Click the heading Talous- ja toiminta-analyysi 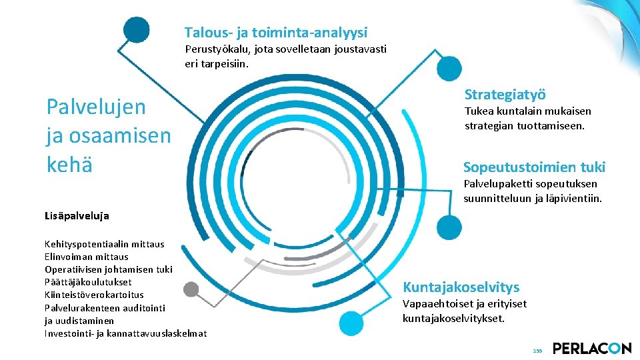(276, 32)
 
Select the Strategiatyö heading (505, 95)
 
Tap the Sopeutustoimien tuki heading (534, 167)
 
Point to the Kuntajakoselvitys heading (461, 287)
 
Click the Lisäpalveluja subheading (77, 215)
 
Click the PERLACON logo (591, 348)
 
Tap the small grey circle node (191, 289)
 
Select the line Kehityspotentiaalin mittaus (104, 244)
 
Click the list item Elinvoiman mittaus (86, 257)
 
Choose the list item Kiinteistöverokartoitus (94, 295)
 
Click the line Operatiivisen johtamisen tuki (108, 269)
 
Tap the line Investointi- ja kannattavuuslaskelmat (125, 333)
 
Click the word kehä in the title (69, 164)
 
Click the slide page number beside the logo (537, 351)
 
